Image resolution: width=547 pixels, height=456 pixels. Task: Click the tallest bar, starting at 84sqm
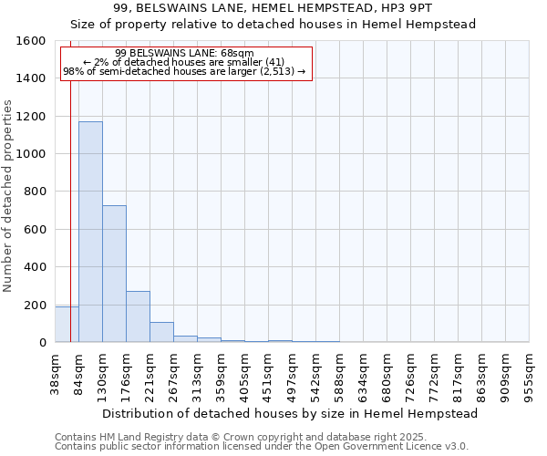[90, 232]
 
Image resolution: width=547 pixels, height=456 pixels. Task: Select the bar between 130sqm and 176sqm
[114, 274]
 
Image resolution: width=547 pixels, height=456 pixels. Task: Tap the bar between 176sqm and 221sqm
[138, 316]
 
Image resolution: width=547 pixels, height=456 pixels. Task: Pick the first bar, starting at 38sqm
[67, 325]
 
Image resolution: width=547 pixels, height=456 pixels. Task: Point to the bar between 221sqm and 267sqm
[161, 332]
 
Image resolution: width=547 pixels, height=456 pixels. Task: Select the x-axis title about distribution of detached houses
[290, 413]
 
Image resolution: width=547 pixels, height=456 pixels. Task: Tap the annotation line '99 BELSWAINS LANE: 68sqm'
[186, 54]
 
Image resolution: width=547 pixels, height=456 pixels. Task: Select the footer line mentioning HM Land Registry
[216, 437]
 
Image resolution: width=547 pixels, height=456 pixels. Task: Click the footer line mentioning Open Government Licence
[262, 446]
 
